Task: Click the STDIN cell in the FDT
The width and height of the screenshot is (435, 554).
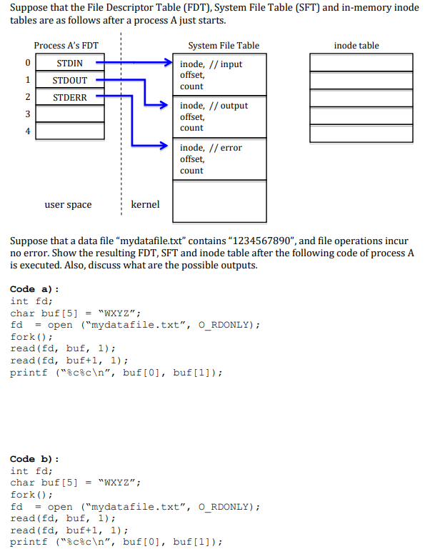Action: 69,64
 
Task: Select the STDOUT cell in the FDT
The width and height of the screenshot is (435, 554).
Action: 69,80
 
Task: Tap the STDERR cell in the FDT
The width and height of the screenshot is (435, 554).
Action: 69,97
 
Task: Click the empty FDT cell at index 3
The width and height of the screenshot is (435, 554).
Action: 69,114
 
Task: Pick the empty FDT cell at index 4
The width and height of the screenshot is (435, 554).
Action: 69,131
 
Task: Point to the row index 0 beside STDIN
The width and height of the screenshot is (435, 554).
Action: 27,64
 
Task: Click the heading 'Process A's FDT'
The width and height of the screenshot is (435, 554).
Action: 66,46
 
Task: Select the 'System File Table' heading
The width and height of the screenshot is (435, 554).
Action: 224,46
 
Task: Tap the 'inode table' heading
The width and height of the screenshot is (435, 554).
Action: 356,46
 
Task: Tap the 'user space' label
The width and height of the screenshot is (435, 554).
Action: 68,205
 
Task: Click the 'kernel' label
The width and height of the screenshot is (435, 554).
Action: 146,205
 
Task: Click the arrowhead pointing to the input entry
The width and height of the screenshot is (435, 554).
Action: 169,63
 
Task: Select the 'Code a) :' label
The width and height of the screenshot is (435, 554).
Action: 34,289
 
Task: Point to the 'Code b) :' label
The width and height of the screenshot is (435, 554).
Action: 34,459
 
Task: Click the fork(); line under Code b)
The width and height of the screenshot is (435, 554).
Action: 31,495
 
